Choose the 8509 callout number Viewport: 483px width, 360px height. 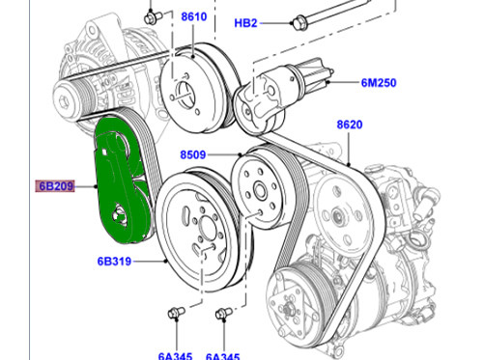coord(193,153)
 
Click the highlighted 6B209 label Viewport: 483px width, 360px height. coord(57,186)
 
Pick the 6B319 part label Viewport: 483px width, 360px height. coord(113,261)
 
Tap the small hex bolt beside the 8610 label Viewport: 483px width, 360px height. coord(153,16)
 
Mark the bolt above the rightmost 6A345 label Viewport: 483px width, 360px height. coord(222,313)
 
